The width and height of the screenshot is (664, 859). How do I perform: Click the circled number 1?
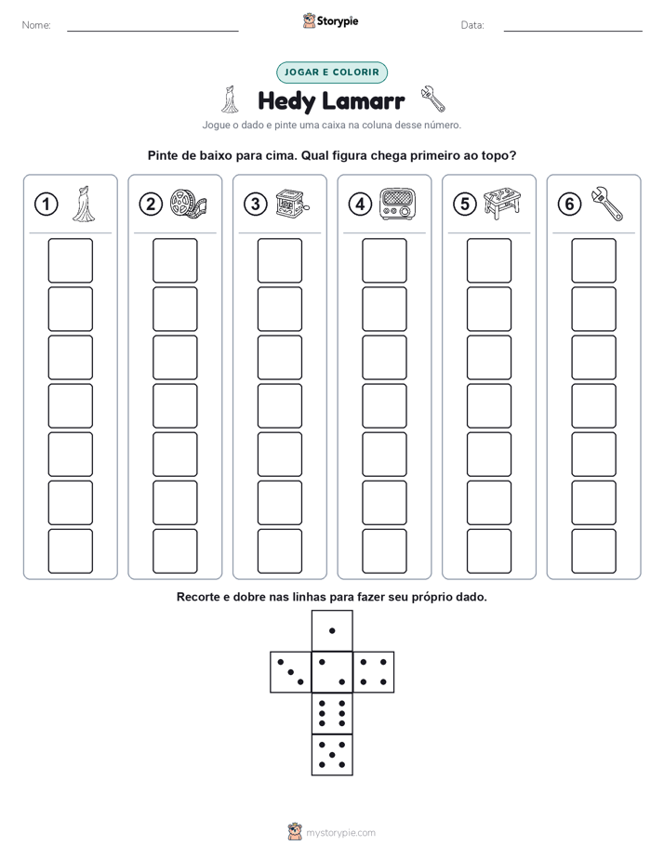tap(46, 205)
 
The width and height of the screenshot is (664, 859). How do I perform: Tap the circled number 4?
tap(360, 205)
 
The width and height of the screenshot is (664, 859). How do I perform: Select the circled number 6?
tap(569, 205)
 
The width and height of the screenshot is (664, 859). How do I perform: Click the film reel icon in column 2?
tap(188, 204)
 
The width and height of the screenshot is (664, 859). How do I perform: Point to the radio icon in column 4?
tap(398, 204)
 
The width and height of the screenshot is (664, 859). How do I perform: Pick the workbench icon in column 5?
tap(502, 204)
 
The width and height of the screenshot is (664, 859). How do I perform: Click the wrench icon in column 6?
tap(607, 204)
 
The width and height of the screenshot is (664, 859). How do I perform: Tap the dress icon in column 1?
tap(84, 204)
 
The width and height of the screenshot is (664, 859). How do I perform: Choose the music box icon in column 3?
tap(292, 204)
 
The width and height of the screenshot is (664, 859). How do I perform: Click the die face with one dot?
tap(332, 630)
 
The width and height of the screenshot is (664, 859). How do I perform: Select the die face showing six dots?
tap(332, 713)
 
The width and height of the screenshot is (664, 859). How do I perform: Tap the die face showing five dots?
tap(332, 754)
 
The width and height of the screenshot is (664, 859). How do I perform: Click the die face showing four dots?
tap(374, 672)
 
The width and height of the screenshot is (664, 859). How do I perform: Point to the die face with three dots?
tap(291, 672)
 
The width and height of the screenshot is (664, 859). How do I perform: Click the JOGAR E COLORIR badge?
tap(332, 73)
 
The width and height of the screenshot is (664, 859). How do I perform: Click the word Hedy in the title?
tap(286, 101)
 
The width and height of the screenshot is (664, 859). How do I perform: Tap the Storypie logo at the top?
tap(330, 21)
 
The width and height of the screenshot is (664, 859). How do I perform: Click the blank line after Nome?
tap(153, 31)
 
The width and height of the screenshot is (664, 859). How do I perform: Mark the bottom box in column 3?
tap(279, 551)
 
